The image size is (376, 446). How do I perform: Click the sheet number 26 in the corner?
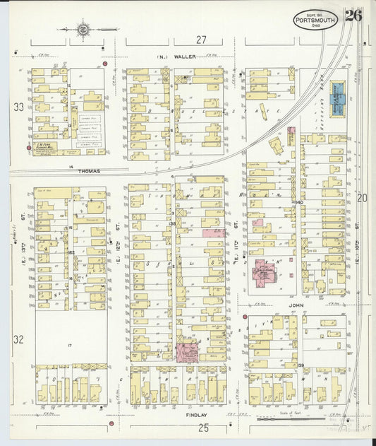pos(353,16)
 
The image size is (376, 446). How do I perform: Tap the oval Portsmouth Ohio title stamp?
pos(315,18)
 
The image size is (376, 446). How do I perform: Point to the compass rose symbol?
pos(83,30)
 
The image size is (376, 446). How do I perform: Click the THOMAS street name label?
pos(89,171)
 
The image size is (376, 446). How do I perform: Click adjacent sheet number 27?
pos(202,40)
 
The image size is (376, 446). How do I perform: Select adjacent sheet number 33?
pos(18,107)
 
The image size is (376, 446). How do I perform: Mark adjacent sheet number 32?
pos(18,339)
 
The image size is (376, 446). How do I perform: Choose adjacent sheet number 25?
pos(203,428)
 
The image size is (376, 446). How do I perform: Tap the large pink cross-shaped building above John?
pos(265,271)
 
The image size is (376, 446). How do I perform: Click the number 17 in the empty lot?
pos(71,345)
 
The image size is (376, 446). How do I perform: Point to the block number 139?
pos(300,365)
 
